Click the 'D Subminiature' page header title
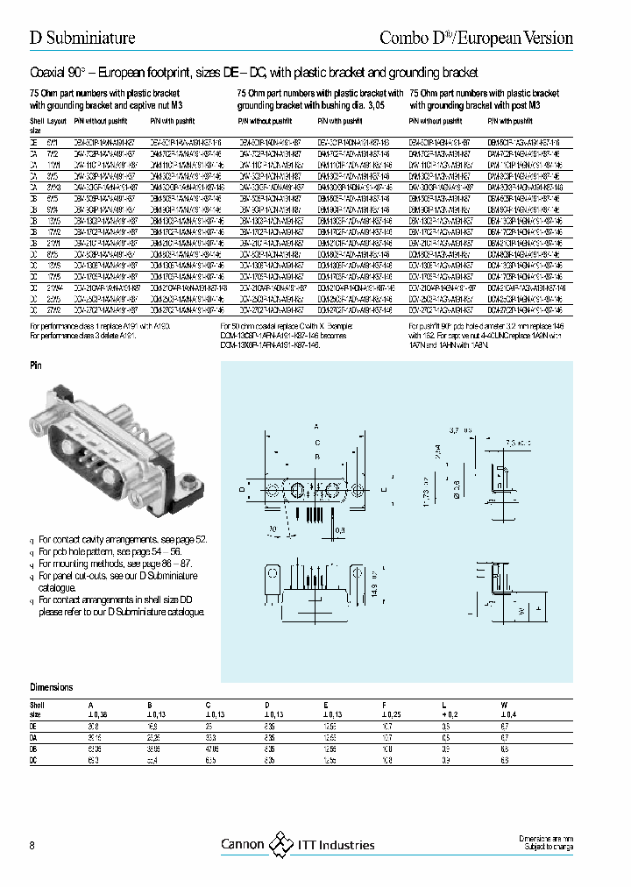click(82, 38)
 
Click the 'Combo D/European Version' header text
click(476, 38)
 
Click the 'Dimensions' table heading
click(52, 687)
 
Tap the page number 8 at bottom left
click(32, 845)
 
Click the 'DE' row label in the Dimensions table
click(33, 727)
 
